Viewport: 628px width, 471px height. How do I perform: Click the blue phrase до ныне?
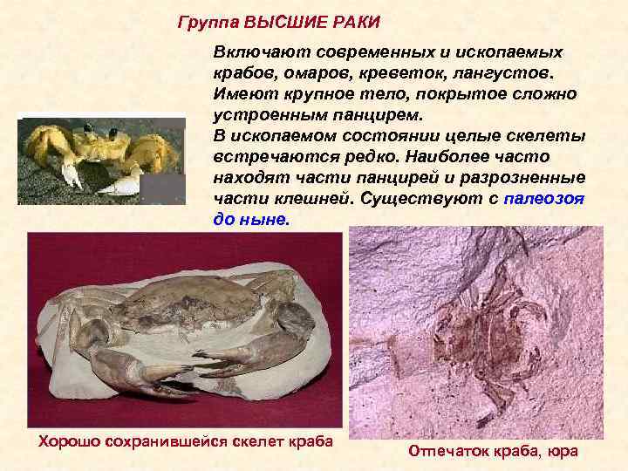(249, 219)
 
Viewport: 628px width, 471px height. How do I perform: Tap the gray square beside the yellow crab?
(163, 189)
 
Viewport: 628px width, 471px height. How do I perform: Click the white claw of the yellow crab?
(122, 185)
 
